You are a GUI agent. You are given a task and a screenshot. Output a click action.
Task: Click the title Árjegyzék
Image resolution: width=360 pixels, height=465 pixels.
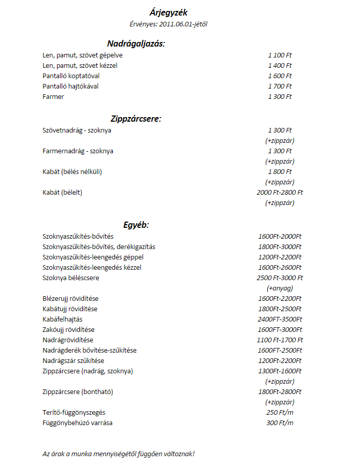coord(168,13)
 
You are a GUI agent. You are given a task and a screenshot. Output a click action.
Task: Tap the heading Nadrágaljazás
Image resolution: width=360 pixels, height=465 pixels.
coord(136,43)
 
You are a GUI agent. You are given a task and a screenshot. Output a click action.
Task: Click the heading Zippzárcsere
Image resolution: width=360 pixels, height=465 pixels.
coord(136,119)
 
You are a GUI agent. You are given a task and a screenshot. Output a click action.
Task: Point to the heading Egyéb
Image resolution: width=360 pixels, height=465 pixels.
coord(136,225)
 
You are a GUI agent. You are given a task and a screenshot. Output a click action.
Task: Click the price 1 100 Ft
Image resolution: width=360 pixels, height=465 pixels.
coord(280,55)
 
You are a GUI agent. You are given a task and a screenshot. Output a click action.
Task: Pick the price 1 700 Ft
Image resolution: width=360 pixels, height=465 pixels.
coord(280,86)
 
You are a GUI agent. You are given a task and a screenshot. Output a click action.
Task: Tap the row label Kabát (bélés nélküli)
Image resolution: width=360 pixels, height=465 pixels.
coord(72,171)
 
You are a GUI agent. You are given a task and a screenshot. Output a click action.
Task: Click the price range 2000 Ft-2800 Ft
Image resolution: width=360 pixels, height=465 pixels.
coord(280,192)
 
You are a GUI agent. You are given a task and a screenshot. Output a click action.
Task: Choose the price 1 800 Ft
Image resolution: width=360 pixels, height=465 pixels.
coord(280,171)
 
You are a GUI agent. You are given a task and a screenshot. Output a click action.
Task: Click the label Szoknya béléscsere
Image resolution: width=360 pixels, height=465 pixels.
coord(71,278)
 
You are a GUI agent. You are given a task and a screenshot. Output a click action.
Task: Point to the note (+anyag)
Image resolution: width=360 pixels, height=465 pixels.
coord(280,288)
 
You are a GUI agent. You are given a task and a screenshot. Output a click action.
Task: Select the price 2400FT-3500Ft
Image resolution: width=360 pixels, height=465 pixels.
coord(280,319)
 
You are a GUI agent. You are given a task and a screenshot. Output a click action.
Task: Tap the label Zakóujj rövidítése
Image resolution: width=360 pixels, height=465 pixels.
coord(68,329)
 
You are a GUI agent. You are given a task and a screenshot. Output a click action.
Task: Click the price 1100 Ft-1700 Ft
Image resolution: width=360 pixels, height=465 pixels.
coord(280,340)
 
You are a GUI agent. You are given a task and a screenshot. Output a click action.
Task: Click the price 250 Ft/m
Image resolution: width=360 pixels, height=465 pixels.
coord(280,412)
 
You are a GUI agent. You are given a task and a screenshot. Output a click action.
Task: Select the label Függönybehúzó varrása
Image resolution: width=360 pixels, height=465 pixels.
coord(78,423)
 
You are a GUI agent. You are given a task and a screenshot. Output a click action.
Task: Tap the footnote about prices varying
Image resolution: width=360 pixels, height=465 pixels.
coord(119,454)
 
